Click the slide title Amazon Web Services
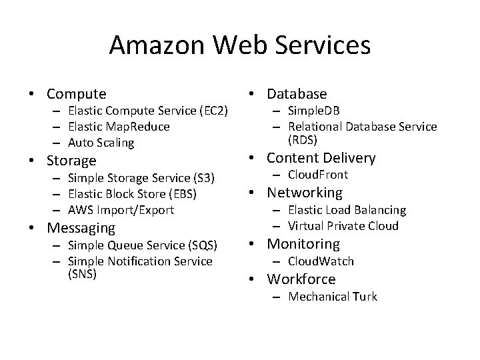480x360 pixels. [240, 45]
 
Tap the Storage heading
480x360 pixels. [71, 161]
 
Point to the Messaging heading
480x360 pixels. [80, 228]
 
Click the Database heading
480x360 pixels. [297, 94]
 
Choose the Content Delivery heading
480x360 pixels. [321, 158]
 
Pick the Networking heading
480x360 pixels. [305, 193]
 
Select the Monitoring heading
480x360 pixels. [303, 245]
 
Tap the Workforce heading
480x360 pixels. [301, 279]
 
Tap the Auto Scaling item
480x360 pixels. [101, 143]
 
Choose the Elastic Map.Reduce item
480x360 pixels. [119, 127]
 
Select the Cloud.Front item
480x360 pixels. [318, 175]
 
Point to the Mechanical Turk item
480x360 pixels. [333, 297]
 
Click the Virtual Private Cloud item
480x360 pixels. [343, 226]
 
